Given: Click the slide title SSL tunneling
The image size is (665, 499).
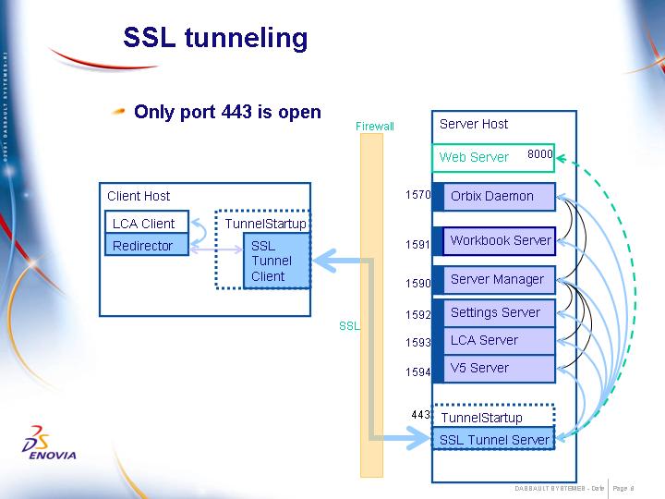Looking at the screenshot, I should (215, 38).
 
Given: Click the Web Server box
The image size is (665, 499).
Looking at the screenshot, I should (474, 157).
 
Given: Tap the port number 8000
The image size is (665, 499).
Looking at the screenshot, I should (539, 154).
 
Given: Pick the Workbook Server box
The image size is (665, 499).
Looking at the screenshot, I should (500, 240).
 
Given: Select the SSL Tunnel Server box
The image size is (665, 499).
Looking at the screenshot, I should (493, 440).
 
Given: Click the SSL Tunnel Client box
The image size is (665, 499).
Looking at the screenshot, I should (274, 261).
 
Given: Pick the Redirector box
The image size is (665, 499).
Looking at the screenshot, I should (146, 246).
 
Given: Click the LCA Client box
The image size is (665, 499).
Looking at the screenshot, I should (146, 224).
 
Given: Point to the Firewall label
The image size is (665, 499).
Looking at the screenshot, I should (374, 127).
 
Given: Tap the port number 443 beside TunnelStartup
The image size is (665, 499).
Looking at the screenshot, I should (420, 415).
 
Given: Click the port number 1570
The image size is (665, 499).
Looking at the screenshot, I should (417, 195).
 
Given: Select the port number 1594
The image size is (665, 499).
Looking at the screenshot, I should (417, 372).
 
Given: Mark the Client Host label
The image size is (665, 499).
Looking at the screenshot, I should (139, 196).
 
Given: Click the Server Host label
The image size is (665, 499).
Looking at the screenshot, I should (474, 124).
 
